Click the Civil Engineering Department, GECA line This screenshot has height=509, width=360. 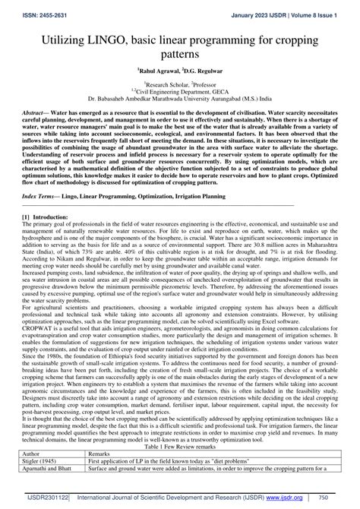[x=179, y=90]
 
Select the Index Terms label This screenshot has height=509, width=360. [x=40, y=196]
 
